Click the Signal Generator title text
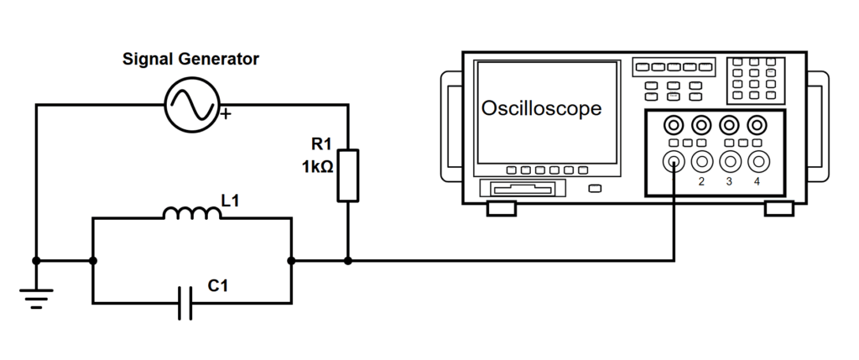(190, 60)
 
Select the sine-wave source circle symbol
(190, 104)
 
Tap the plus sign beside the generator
(224, 114)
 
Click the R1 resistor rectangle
(348, 175)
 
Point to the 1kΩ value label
(318, 168)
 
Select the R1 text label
(322, 145)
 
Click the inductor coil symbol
(191, 214)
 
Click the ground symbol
(36, 297)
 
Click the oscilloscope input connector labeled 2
(701, 161)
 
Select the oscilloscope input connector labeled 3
(729, 161)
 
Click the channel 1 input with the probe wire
(674, 161)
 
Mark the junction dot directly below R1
(348, 261)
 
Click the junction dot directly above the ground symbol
(36, 261)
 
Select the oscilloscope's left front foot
(501, 208)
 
